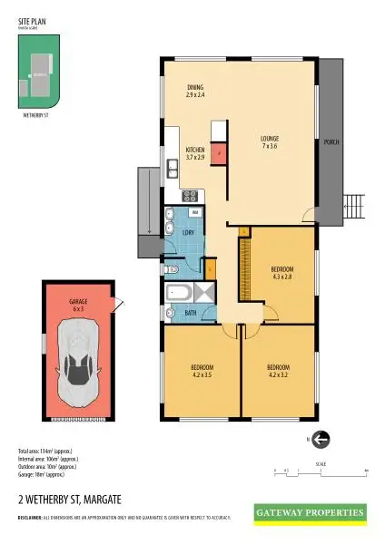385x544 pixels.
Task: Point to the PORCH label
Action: coord(331,143)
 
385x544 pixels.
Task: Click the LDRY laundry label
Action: coord(188,233)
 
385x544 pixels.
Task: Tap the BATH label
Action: coord(191,313)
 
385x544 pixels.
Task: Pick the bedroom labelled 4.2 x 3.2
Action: coord(279,371)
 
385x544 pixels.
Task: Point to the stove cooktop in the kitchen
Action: coord(191,195)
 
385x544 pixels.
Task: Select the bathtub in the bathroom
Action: coord(177,293)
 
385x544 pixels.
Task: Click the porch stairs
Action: coord(352,209)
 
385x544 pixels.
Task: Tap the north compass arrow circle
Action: coord(321,439)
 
